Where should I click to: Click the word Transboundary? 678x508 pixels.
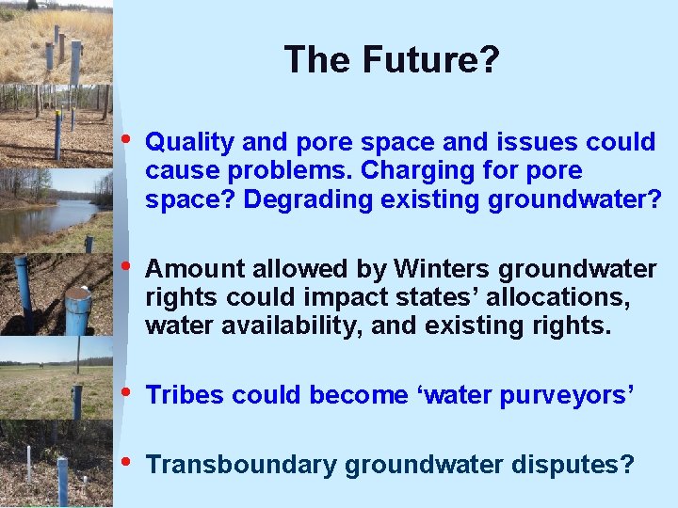pyautogui.click(x=243, y=465)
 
